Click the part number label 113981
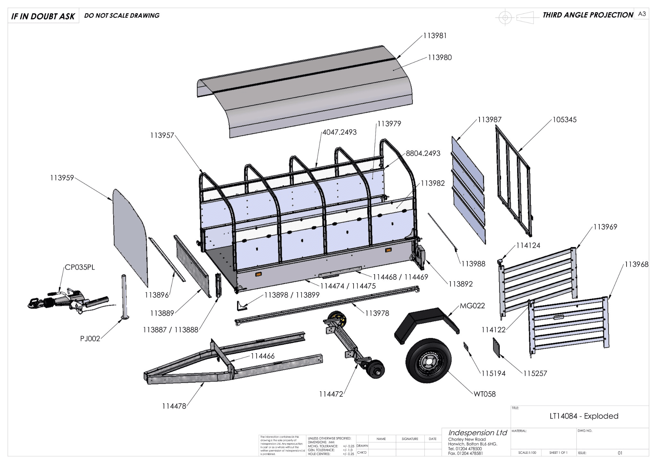coord(435,36)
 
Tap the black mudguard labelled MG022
coord(426,324)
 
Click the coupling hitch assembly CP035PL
coord(69,301)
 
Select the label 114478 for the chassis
coord(174,406)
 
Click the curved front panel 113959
coord(130,237)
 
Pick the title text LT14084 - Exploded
coord(584,416)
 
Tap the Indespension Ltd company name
coord(477,433)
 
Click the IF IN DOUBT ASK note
coord(43,16)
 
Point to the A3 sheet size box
coord(642,14)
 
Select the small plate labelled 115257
coord(497,347)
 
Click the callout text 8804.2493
coord(423,153)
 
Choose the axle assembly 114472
coord(353,343)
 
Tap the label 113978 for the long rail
coord(377,313)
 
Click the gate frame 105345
coord(513,179)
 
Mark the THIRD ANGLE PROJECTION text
coord(588,15)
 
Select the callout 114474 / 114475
coord(348,286)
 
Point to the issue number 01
coord(620,453)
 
